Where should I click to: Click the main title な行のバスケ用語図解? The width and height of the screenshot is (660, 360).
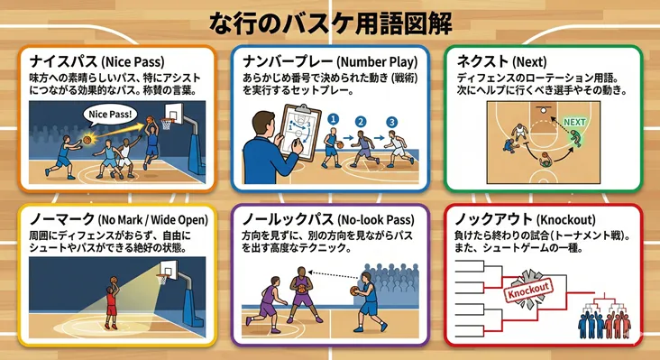click(x=330, y=20)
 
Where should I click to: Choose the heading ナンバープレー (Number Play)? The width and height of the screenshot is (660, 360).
click(x=330, y=61)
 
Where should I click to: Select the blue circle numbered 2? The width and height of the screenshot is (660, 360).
click(x=362, y=120)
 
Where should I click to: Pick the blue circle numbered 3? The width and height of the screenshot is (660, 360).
click(x=390, y=122)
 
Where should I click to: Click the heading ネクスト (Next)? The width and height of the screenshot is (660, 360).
click(x=496, y=61)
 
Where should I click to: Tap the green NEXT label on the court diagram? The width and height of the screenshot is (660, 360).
click(x=574, y=121)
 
